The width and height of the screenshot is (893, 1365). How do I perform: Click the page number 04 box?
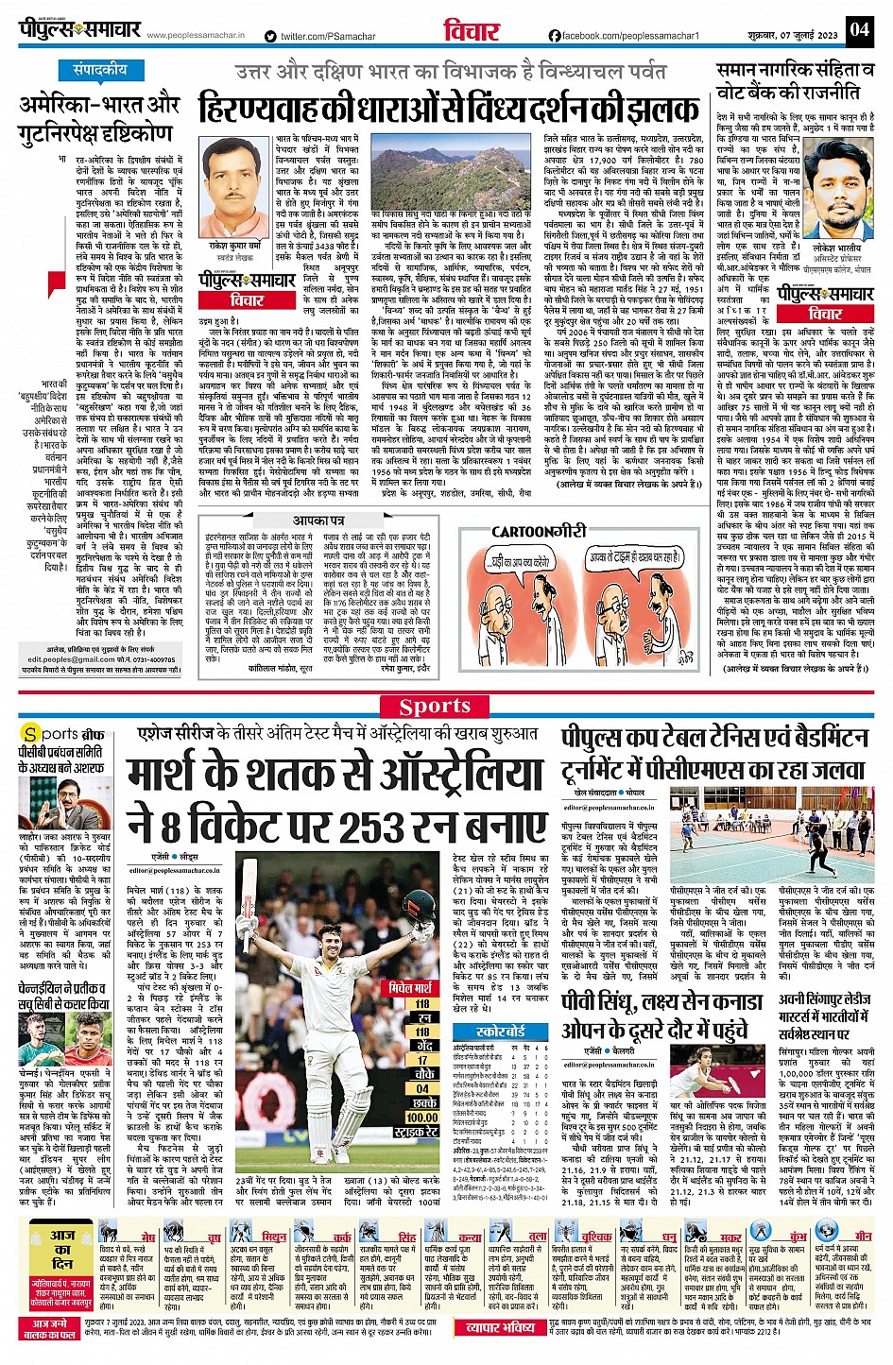[858, 30]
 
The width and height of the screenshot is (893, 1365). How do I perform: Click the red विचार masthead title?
[472, 31]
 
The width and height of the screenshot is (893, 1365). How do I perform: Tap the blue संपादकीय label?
[100, 70]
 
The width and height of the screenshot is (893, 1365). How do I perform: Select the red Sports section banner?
[435, 706]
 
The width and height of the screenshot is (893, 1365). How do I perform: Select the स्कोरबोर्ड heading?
[502, 1032]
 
